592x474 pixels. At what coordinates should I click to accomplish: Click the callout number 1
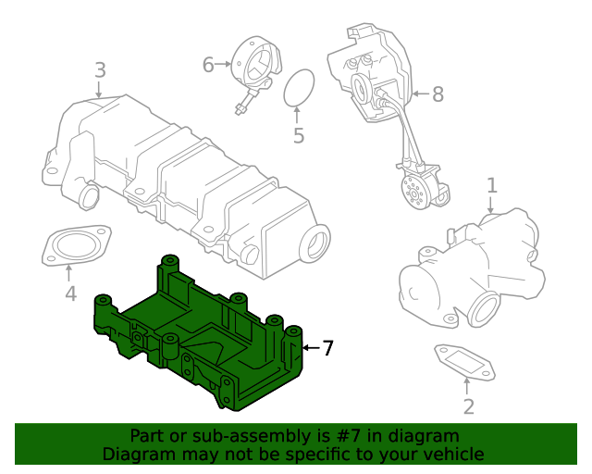coord(492,185)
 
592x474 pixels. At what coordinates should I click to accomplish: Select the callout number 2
coord(468,406)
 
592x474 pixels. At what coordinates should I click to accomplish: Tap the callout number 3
coord(100,70)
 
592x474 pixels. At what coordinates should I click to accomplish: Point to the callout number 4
coord(69,294)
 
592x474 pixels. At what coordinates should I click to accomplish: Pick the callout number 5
coord(298,136)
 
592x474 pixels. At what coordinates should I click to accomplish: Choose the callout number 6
coord(208,64)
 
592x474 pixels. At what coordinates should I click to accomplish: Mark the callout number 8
coord(438,93)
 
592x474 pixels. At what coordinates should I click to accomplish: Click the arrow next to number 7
coord(310,348)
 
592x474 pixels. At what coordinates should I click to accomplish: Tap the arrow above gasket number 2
coord(468,387)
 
